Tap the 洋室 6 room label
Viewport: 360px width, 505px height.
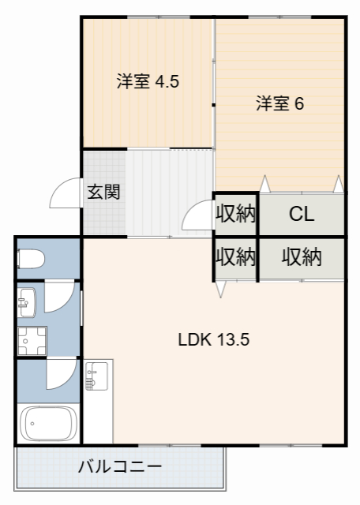click(279, 103)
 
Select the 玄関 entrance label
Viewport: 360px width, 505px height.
click(103, 192)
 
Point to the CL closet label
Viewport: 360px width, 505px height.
click(302, 214)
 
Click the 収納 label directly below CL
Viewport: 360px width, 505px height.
click(302, 257)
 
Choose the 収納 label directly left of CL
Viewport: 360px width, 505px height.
click(235, 214)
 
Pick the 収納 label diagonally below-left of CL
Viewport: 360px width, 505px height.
click(235, 257)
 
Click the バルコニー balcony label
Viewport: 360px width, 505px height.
click(120, 466)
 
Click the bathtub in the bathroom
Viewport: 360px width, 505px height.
click(47, 425)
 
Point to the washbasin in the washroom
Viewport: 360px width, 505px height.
click(26, 300)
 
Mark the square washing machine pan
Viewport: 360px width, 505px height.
click(32, 341)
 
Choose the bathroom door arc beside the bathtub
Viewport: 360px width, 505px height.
click(60, 372)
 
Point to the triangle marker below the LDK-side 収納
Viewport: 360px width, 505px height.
click(221, 289)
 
